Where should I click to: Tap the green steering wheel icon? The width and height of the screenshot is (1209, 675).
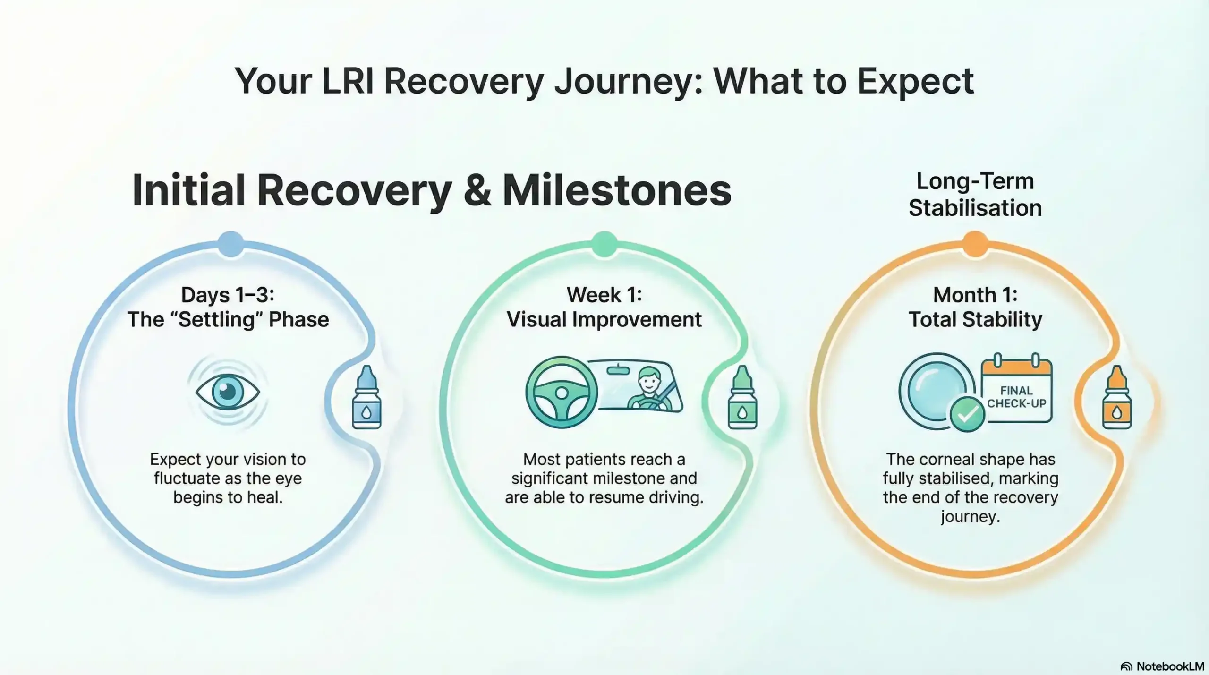pos(561,393)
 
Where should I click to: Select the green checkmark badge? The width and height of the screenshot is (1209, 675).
pos(967,414)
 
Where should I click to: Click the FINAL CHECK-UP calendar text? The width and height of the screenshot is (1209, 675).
pos(1016,397)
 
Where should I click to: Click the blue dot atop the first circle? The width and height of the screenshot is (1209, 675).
pos(230,244)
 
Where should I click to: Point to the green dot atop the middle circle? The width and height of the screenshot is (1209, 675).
pos(604,244)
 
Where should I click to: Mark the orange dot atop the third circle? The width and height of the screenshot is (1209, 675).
pos(975,244)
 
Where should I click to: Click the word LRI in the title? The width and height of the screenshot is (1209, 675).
pos(348,82)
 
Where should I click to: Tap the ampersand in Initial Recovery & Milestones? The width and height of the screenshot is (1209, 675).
pos(477,191)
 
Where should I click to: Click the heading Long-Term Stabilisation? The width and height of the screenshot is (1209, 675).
pos(975,195)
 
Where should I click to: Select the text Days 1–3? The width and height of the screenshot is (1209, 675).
pos(228,295)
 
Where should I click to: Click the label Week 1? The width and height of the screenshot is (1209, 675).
pos(604,295)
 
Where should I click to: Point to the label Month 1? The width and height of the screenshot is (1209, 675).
pos(975,295)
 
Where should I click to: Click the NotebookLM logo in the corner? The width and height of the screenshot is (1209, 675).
pos(1162,666)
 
